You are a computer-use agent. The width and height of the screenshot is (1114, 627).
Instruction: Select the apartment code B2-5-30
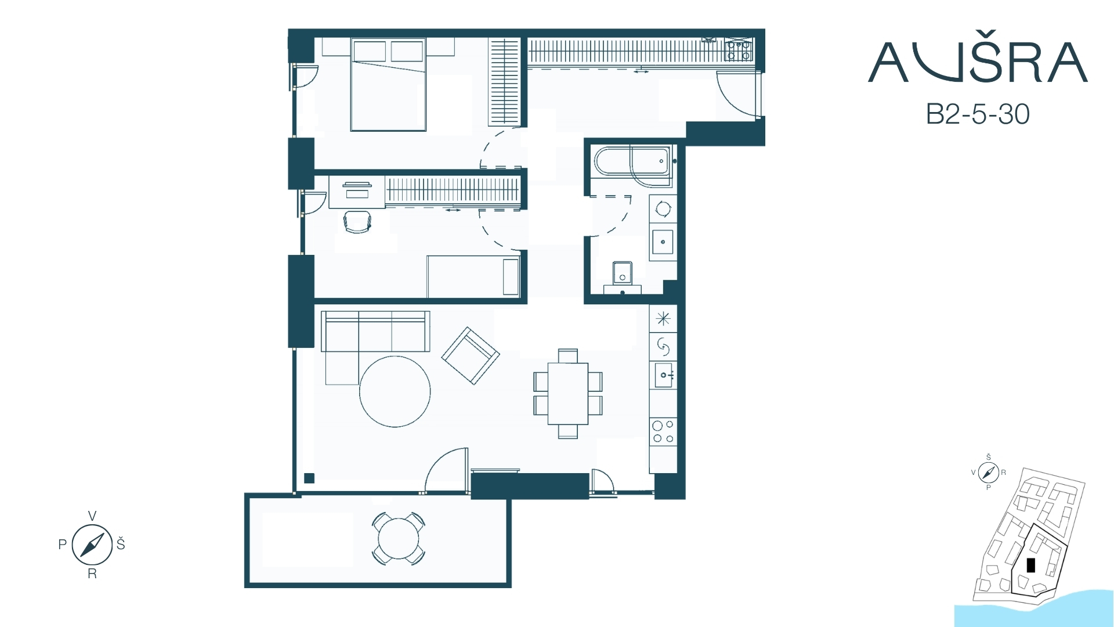(978, 114)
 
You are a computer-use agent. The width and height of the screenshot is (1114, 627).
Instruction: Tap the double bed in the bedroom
(388, 85)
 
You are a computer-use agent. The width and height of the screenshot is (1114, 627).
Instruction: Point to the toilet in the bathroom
(623, 276)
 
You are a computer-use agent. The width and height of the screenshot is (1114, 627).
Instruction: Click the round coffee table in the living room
(395, 391)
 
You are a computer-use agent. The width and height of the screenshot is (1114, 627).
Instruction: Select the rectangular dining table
(568, 394)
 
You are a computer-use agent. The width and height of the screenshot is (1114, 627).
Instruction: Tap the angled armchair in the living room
(471, 356)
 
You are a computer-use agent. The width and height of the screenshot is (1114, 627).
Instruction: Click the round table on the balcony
(399, 538)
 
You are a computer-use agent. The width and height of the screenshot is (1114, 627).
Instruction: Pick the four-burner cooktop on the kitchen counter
(663, 431)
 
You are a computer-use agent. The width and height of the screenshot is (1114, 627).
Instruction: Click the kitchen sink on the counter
(663, 375)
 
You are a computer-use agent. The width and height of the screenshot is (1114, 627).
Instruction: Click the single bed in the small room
(473, 276)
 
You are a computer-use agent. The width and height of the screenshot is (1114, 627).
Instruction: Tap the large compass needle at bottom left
(92, 545)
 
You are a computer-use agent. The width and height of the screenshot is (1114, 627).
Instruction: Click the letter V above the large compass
(92, 516)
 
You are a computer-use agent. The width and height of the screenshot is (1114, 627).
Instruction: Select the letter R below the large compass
(92, 574)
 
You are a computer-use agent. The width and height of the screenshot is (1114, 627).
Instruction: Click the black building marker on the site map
(1031, 565)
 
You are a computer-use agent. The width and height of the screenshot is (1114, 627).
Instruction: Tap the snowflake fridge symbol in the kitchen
(663, 319)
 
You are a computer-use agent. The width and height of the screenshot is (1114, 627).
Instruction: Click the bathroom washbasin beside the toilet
(663, 242)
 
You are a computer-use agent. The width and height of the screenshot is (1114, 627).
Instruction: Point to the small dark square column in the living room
(309, 478)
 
